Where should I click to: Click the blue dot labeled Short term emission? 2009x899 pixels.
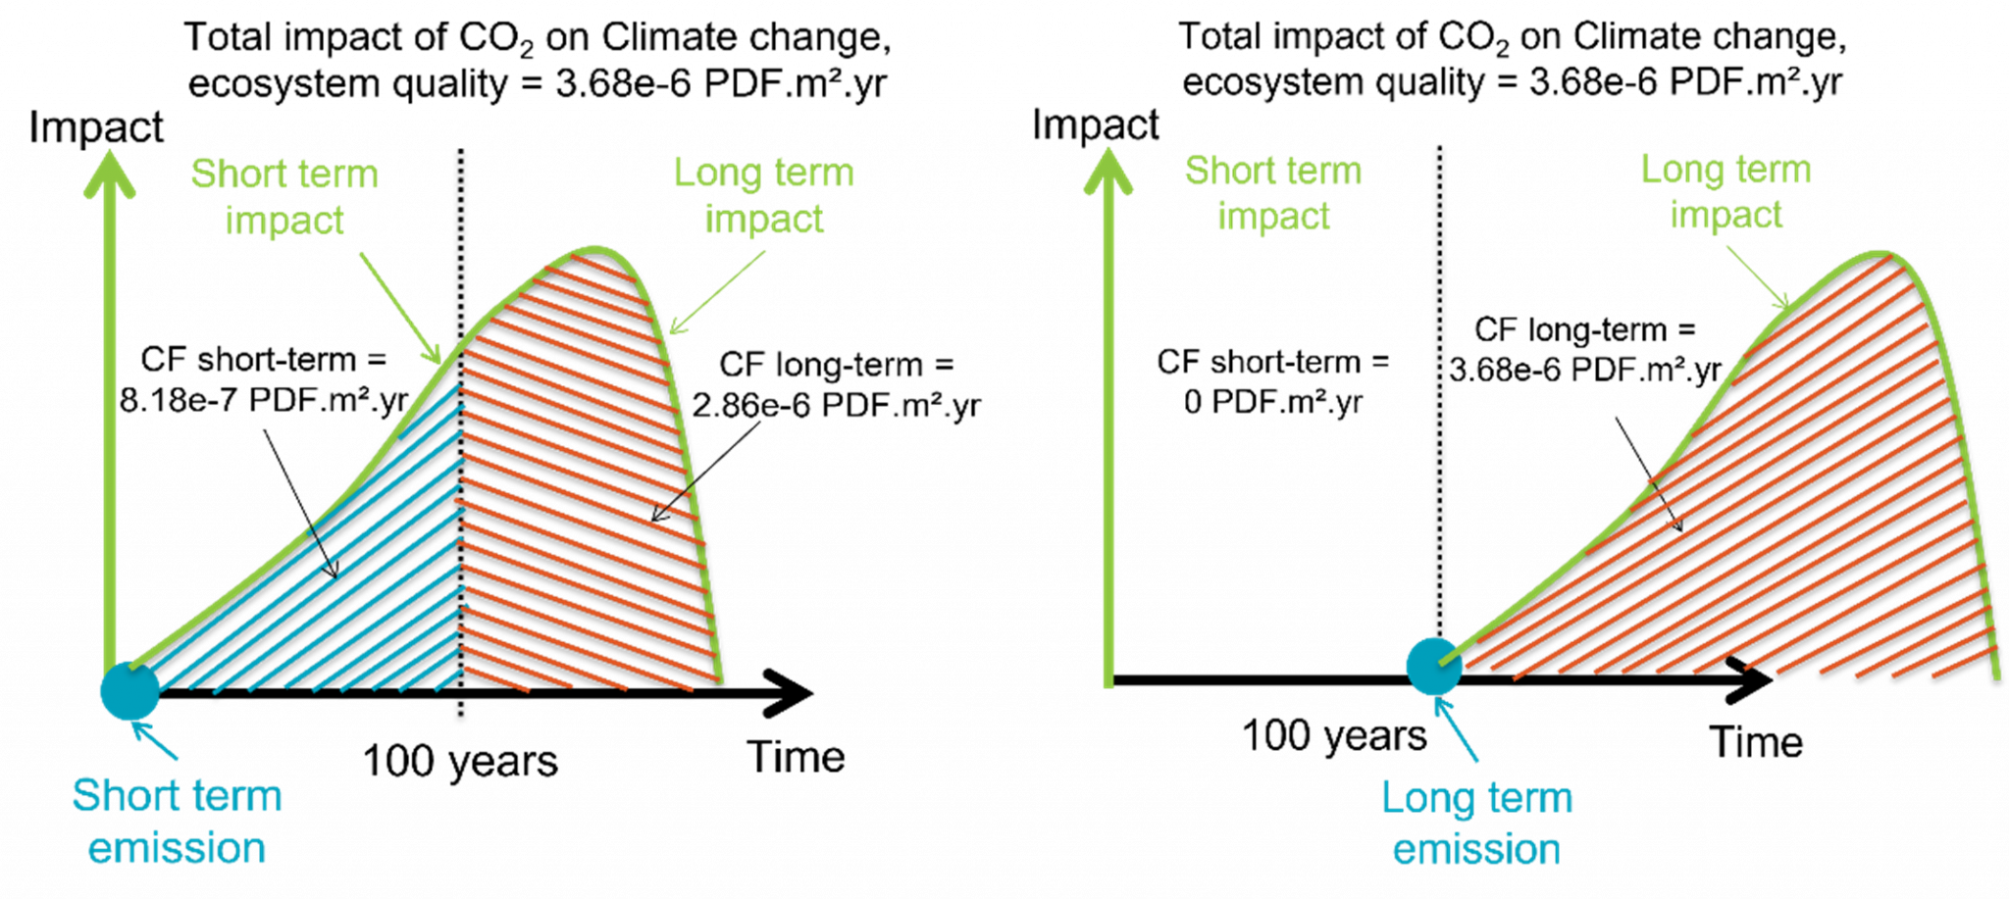tap(129, 690)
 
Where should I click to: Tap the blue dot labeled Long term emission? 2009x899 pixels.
tap(1433, 666)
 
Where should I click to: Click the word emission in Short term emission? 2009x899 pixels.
tap(177, 848)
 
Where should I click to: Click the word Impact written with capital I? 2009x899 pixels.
tap(284, 222)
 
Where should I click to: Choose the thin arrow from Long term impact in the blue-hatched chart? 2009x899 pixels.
tap(717, 292)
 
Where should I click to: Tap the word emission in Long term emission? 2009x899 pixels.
tap(1475, 849)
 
